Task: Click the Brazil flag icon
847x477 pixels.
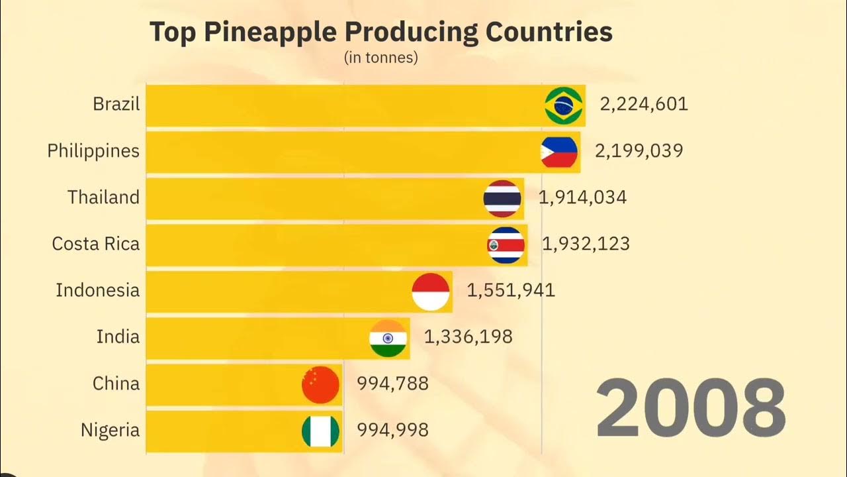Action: [x=564, y=105]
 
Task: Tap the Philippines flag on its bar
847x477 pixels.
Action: [x=559, y=152]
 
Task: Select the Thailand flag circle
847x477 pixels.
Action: [x=502, y=198]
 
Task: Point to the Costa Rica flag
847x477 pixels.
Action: [x=506, y=245]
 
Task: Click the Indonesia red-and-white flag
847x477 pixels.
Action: [x=431, y=291]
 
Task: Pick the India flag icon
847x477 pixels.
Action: [x=388, y=338]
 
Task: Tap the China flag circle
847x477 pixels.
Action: [x=320, y=384]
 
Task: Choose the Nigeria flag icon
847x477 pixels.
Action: [x=320, y=431]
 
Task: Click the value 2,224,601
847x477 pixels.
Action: [x=644, y=104]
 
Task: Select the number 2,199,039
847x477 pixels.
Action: [x=639, y=151]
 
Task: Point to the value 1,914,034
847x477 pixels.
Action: [x=582, y=197]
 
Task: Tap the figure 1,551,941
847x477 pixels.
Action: [x=511, y=290]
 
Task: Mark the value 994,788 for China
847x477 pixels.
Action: [x=393, y=384]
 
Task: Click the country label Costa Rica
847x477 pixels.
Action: [x=96, y=244]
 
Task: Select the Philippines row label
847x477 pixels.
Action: [x=93, y=151]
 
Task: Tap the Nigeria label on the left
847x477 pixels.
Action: [x=110, y=430]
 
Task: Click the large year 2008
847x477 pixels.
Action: [x=691, y=408]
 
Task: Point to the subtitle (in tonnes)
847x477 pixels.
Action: [x=380, y=58]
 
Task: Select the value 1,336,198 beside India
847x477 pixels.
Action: [x=468, y=337]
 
